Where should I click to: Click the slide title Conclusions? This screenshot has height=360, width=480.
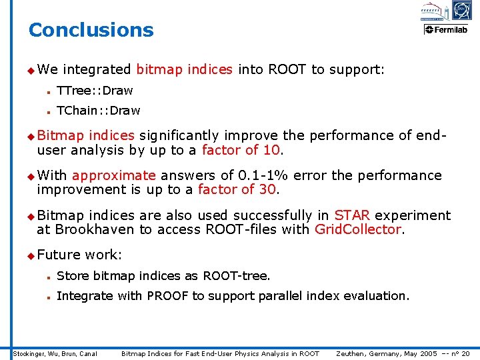tap(91, 30)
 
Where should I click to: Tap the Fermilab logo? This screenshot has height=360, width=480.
tap(446, 29)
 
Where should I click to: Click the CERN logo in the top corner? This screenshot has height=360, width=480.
tap(461, 10)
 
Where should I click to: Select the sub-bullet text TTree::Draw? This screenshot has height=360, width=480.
tap(95, 90)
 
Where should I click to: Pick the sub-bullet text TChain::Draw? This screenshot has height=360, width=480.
tap(99, 110)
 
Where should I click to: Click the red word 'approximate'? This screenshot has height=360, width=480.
tap(113, 175)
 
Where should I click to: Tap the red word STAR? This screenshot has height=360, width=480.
tap(351, 215)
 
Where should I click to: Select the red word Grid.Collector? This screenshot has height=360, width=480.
tap(358, 230)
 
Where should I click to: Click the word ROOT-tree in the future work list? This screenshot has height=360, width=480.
tap(236, 275)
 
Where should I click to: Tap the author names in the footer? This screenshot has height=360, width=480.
tap(55, 353)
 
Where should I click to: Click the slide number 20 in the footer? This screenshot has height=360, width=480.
tap(465, 353)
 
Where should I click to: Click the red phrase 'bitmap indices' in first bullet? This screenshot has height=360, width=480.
tap(184, 69)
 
